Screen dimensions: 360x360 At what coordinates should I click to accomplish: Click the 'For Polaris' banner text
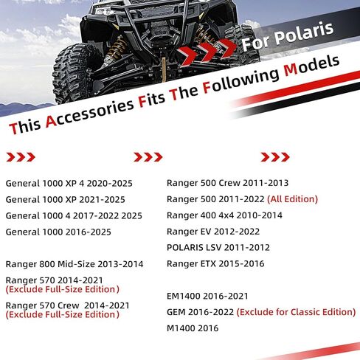point(287,36)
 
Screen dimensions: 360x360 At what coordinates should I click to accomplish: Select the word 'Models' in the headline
point(311,66)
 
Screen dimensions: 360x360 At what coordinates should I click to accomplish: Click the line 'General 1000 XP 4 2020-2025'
point(69,184)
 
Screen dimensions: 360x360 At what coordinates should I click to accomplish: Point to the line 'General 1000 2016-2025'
point(58,232)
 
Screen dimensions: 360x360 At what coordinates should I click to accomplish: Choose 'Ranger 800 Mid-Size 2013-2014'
point(75,264)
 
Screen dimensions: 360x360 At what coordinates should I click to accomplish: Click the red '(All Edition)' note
point(292,199)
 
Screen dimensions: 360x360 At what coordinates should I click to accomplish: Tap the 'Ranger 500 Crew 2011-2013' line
point(227,183)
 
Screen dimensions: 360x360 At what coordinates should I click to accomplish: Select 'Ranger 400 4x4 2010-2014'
point(224,215)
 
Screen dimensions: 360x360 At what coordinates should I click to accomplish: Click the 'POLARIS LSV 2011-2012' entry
point(218,248)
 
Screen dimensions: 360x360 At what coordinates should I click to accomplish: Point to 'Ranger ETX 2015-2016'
point(215,264)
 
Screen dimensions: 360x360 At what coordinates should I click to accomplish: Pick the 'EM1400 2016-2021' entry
point(207,296)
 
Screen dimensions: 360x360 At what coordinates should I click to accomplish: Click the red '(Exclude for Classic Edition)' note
point(296,312)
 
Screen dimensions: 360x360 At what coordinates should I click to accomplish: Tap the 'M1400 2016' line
point(193,328)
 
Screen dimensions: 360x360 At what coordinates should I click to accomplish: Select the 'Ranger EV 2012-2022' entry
point(213,232)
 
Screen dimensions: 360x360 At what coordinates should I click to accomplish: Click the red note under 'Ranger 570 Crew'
point(63,314)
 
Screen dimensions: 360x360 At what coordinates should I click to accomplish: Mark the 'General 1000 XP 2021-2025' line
point(66,200)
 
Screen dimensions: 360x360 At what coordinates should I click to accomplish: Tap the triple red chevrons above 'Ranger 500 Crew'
point(275,157)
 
